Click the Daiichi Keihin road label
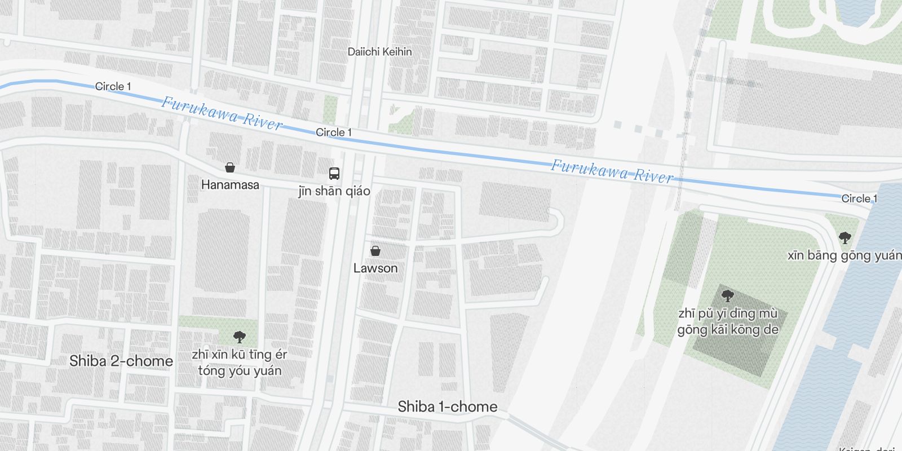click(x=379, y=52)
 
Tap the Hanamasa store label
click(x=230, y=184)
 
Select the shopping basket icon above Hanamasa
click(x=230, y=167)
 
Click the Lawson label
click(x=375, y=268)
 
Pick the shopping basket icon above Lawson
click(x=375, y=251)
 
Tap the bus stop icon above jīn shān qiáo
click(x=334, y=173)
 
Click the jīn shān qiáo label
click(x=334, y=191)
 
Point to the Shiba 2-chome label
click(x=121, y=361)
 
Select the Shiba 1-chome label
click(x=448, y=406)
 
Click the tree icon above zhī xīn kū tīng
click(x=240, y=337)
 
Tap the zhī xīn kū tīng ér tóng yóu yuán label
click(x=240, y=362)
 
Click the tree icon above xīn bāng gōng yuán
click(x=844, y=237)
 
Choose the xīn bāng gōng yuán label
click(x=844, y=255)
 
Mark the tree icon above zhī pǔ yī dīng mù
click(x=728, y=295)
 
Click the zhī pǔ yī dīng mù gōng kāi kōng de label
click(x=728, y=321)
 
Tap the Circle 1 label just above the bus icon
click(x=334, y=132)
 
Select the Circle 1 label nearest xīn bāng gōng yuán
click(x=859, y=198)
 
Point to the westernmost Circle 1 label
click(x=113, y=86)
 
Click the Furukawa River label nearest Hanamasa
click(x=222, y=113)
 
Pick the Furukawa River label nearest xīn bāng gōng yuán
click(x=612, y=171)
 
